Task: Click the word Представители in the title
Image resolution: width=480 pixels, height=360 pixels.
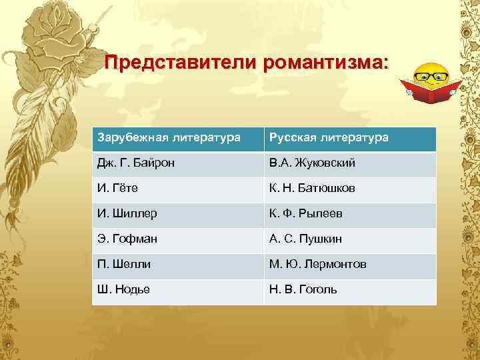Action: point(181,64)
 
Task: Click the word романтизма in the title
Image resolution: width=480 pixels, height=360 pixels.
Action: point(323,64)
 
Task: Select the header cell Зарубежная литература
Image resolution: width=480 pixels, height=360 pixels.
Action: point(178,139)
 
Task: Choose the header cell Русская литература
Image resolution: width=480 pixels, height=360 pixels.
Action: point(350,139)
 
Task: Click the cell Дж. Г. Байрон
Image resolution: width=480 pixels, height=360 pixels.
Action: point(178,163)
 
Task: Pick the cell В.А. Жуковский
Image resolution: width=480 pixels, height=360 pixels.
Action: point(350,163)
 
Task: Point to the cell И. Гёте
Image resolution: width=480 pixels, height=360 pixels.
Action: point(178,189)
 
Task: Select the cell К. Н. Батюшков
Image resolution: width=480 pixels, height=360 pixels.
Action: point(350,189)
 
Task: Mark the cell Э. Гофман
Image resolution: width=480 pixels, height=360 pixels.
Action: point(178,239)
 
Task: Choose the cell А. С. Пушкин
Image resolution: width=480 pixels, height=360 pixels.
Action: point(350,239)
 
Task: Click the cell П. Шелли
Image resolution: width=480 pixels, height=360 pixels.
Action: point(178,265)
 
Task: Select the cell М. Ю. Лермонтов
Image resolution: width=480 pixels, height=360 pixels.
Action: point(350,265)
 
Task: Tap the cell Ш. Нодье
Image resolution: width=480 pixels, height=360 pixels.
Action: point(178,290)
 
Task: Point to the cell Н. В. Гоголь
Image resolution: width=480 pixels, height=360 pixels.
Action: point(350,290)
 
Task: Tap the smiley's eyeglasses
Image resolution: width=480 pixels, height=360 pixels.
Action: point(431,75)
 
